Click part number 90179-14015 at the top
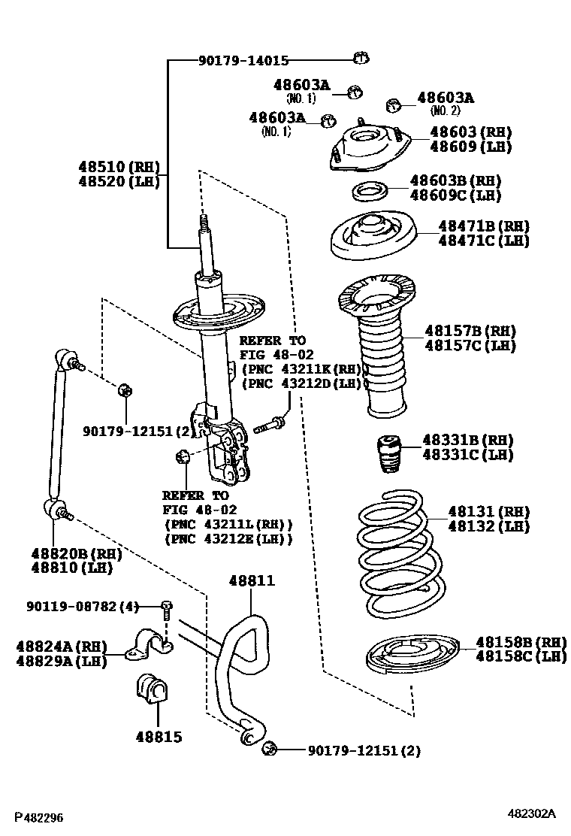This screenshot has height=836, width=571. [x=243, y=61]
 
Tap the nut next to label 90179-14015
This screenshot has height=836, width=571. [x=359, y=57]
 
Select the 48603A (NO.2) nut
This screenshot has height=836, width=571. [x=392, y=104]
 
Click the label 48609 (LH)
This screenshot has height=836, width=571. [x=470, y=147]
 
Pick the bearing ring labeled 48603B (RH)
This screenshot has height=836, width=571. [x=369, y=191]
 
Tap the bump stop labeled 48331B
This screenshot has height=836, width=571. [x=388, y=454]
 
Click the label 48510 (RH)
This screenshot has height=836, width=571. [x=119, y=167]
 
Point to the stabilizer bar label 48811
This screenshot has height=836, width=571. [x=252, y=580]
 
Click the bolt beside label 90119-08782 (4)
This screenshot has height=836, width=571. [x=166, y=606]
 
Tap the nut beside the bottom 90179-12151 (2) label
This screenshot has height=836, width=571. [x=271, y=749]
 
